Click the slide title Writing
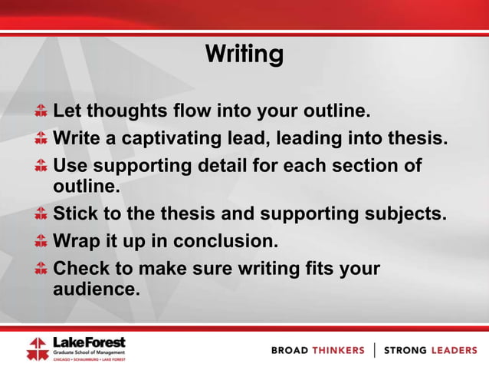244,55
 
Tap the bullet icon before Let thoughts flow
41,112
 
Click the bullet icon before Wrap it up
41,242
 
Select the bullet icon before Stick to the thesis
41,215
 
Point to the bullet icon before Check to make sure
41,270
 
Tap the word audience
96,289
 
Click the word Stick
76,215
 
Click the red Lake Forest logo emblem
37,348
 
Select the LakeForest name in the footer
88,342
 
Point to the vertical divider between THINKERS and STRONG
374,350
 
